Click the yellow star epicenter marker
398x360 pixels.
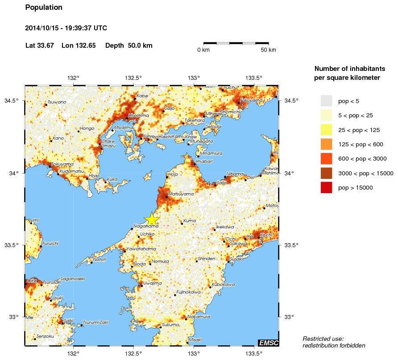click(152, 219)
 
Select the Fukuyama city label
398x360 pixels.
click(251, 100)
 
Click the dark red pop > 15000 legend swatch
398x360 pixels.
click(327, 188)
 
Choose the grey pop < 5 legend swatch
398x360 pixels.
click(327, 101)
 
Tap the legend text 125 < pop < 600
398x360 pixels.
click(361, 145)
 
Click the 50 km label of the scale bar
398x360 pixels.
click(268, 50)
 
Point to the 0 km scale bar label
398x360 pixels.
click(203, 50)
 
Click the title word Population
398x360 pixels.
click(44, 8)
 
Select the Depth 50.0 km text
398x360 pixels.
click(129, 46)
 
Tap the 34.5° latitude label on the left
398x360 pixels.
click(12, 101)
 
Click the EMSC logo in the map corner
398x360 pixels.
click(268, 343)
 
